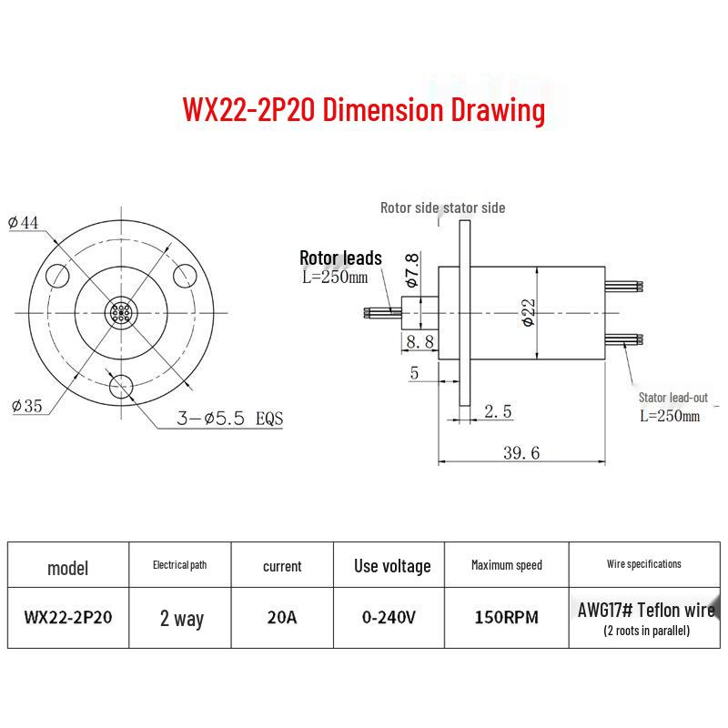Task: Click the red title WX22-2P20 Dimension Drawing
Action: pyautogui.click(x=364, y=110)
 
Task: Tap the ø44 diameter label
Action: pyautogui.click(x=24, y=223)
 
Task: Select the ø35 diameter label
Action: pyautogui.click(x=27, y=406)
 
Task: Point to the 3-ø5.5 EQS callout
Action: pyautogui.click(x=230, y=419)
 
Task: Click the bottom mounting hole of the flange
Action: pyautogui.click(x=121, y=387)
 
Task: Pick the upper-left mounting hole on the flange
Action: pyautogui.click(x=57, y=276)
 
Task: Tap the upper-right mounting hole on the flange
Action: pyautogui.click(x=185, y=276)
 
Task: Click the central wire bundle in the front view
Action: pyautogui.click(x=121, y=313)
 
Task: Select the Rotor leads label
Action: pyautogui.click(x=340, y=258)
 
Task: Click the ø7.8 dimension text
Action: pyautogui.click(x=412, y=269)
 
